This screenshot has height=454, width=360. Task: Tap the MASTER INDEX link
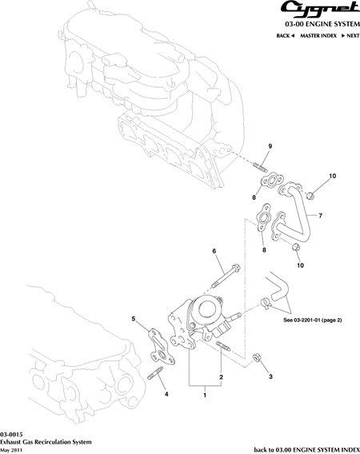tap(318, 36)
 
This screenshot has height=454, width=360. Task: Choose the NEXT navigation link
tap(350, 36)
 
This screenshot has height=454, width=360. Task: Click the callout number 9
tap(270, 146)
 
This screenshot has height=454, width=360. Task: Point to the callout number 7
tap(320, 216)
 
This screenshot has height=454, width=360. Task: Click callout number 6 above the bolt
tap(214, 251)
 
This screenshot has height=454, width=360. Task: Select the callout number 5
tap(134, 319)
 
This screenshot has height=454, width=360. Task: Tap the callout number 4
tap(166, 394)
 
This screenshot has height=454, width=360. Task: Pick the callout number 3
tap(270, 376)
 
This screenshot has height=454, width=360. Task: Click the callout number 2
tap(221, 377)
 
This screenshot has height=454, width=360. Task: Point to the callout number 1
tap(205, 395)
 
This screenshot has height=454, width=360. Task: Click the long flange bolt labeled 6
tap(226, 275)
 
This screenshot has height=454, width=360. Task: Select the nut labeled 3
tap(257, 357)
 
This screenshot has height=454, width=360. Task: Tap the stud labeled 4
tap(155, 373)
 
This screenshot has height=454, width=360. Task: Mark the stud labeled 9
tap(260, 168)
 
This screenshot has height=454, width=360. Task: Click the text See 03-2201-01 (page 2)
tap(313, 321)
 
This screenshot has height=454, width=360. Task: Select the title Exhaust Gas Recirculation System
tap(46, 442)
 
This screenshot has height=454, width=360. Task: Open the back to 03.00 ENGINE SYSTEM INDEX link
tap(307, 450)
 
